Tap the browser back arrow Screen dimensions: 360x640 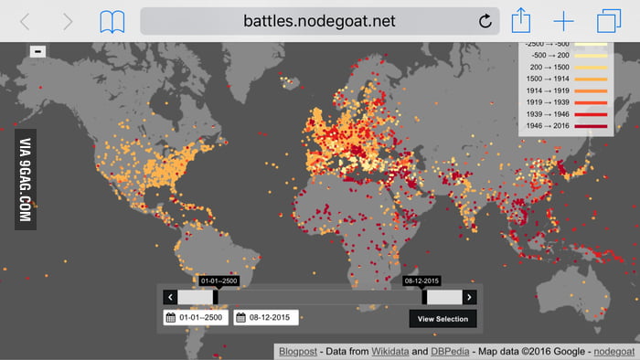(x=26, y=20)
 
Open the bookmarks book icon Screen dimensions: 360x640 (x=112, y=20)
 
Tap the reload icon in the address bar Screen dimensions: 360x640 (x=485, y=20)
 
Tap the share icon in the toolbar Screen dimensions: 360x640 (x=521, y=19)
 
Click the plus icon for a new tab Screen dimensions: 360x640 (x=563, y=20)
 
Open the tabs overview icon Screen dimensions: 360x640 (x=607, y=20)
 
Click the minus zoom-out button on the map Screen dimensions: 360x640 (x=37, y=52)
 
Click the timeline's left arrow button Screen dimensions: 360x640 (x=170, y=297)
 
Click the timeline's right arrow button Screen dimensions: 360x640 (x=469, y=297)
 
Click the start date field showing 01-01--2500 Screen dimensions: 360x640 (x=196, y=318)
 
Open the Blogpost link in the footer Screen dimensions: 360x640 (x=296, y=351)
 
